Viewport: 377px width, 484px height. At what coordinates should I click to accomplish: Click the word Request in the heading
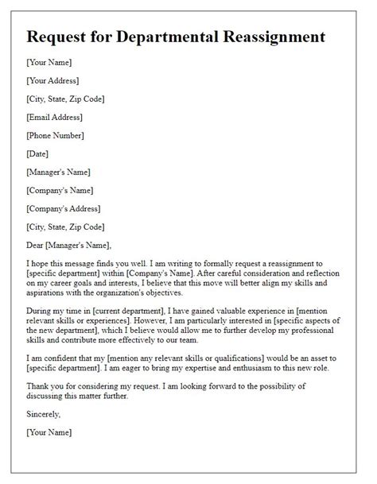click(60, 37)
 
